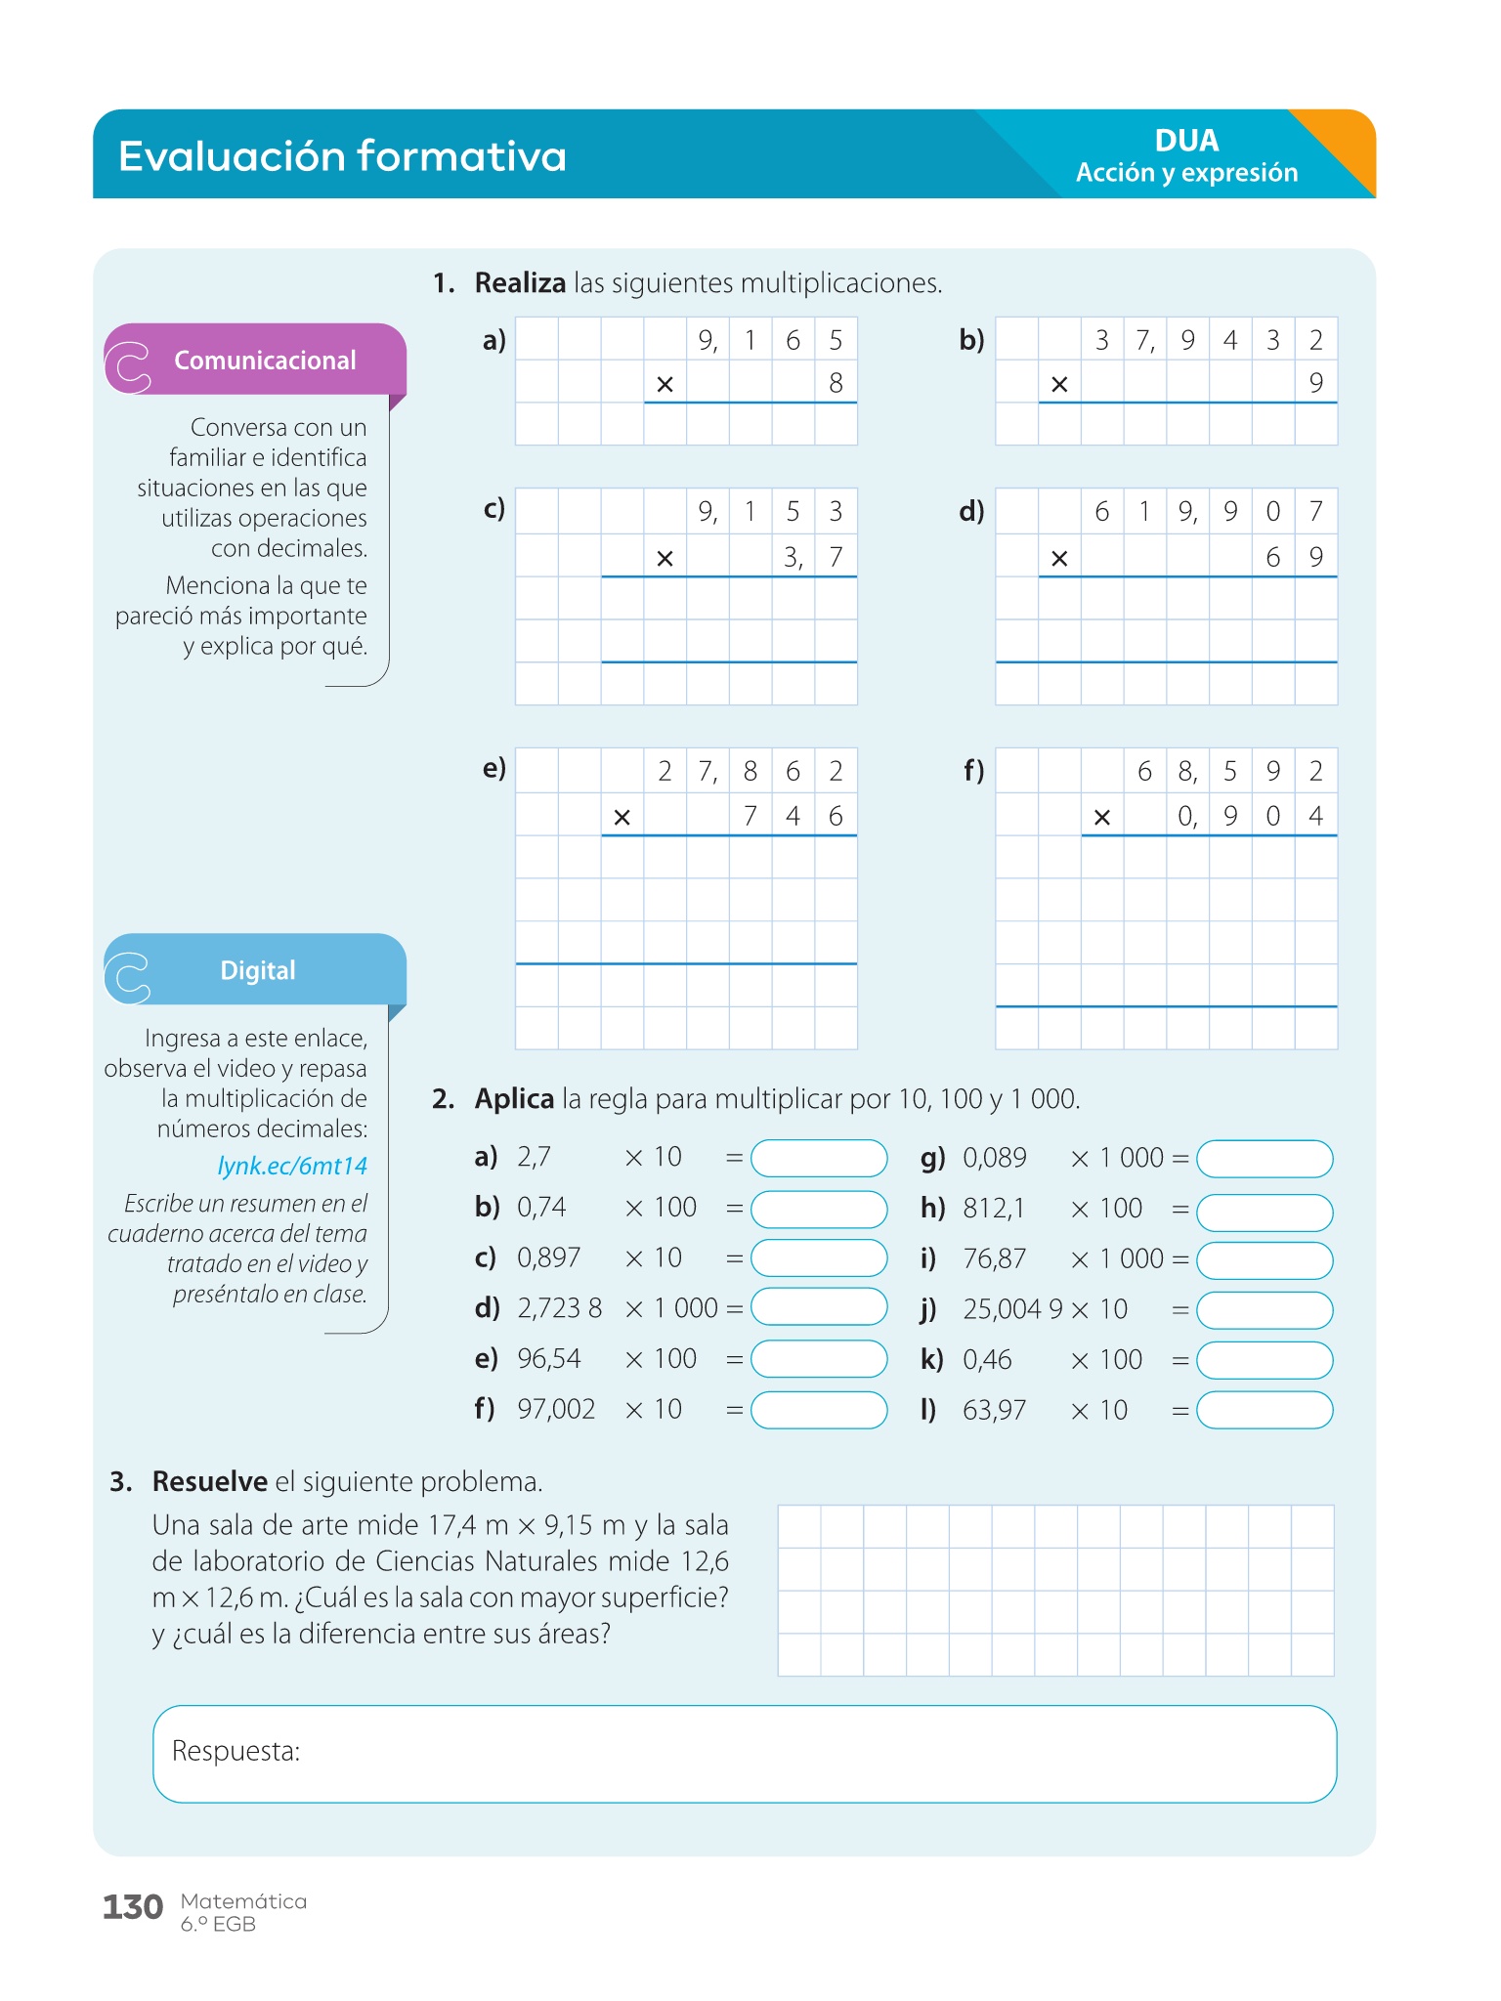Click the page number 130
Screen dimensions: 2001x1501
tap(132, 1906)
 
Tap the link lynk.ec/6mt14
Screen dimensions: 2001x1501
tap(292, 1166)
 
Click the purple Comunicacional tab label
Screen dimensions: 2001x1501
tap(264, 361)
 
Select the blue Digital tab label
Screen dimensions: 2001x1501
tap(257, 970)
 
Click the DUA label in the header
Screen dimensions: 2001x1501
tap(1186, 141)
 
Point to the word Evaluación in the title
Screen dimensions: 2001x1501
tap(231, 156)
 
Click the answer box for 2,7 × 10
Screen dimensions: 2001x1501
tap(818, 1159)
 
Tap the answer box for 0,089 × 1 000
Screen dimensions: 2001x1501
tap(1264, 1159)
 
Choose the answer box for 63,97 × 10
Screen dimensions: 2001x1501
tap(1264, 1410)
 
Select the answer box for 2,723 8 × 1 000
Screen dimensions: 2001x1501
tap(818, 1307)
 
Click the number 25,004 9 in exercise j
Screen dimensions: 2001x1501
tap(1012, 1309)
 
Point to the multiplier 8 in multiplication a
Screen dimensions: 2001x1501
tap(836, 383)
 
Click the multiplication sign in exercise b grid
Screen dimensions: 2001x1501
tap(1059, 385)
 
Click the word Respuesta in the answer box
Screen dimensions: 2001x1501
tap(236, 1751)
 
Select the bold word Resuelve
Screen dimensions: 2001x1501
tap(209, 1481)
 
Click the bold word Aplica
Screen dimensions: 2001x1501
tap(514, 1099)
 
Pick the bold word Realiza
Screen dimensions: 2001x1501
tap(520, 283)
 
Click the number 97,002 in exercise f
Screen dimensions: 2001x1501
tap(556, 1409)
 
